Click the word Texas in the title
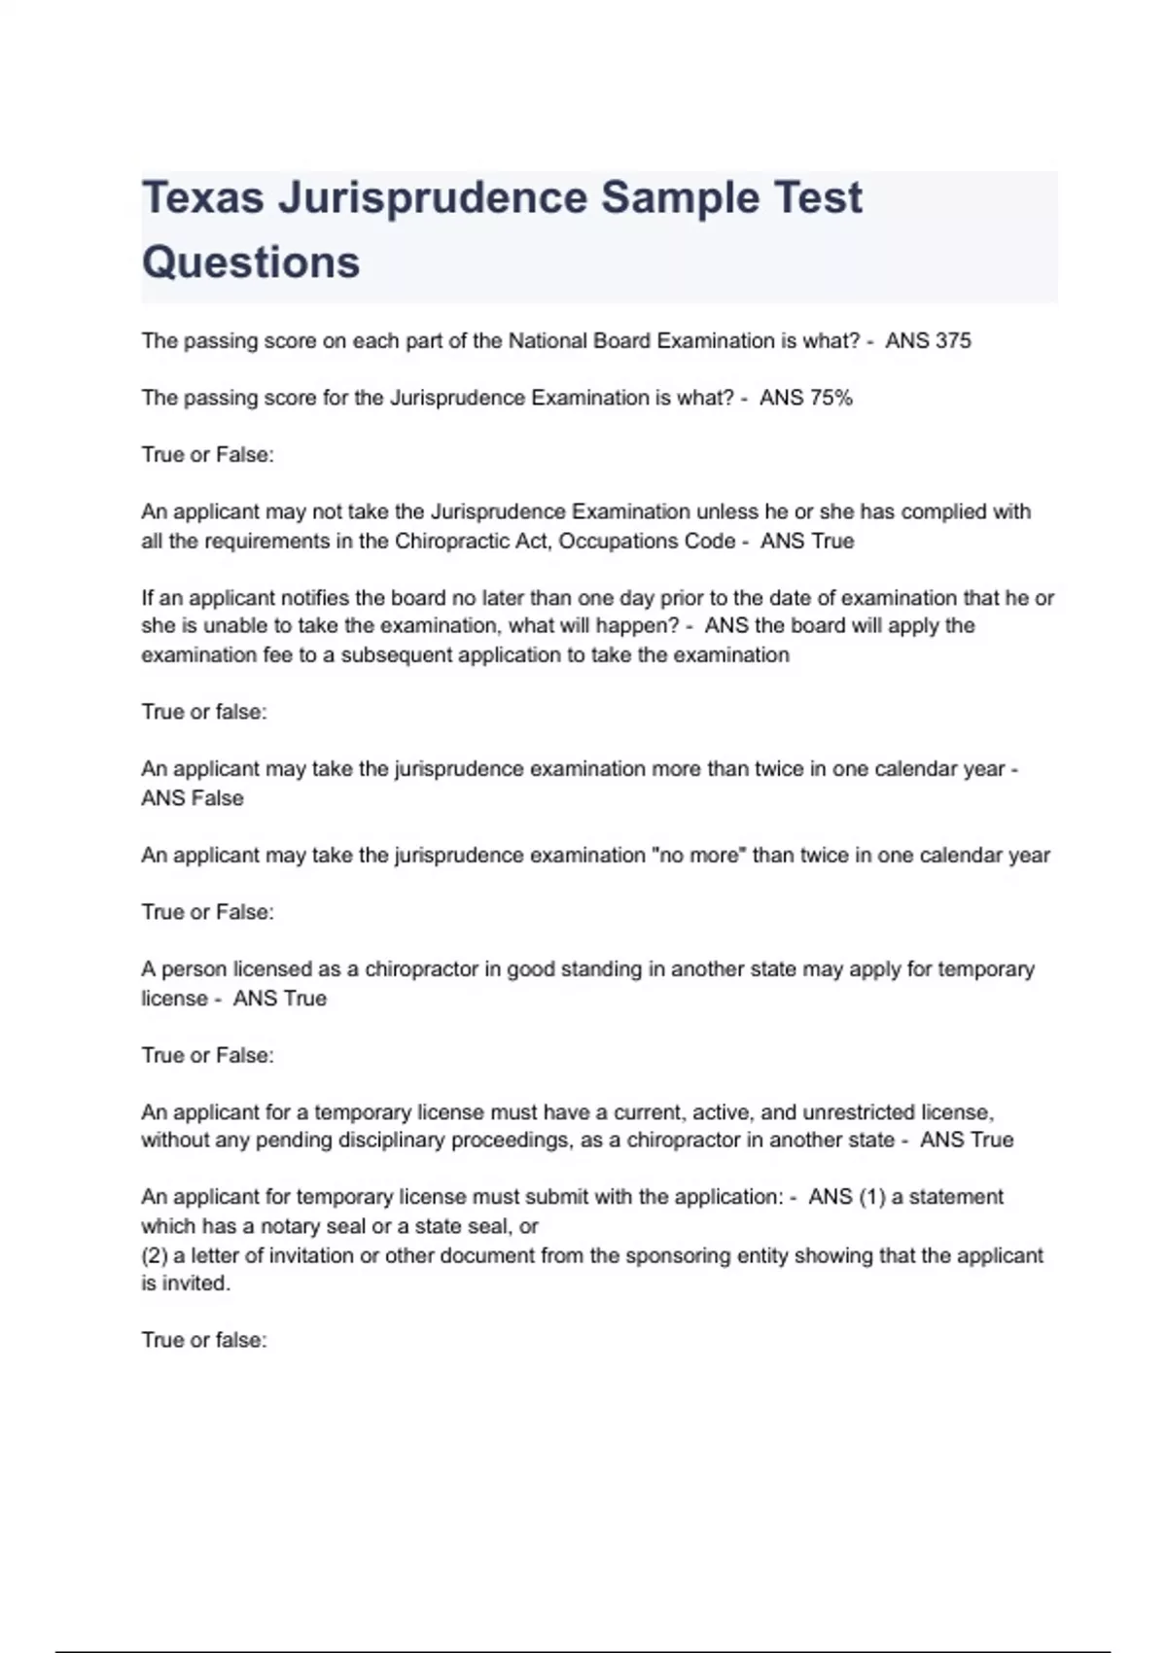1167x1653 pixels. [x=203, y=198]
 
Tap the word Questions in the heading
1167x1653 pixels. [x=251, y=263]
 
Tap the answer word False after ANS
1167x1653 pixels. [x=219, y=798]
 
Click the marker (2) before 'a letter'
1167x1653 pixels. [x=155, y=1255]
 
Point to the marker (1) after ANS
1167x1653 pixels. [x=872, y=1197]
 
